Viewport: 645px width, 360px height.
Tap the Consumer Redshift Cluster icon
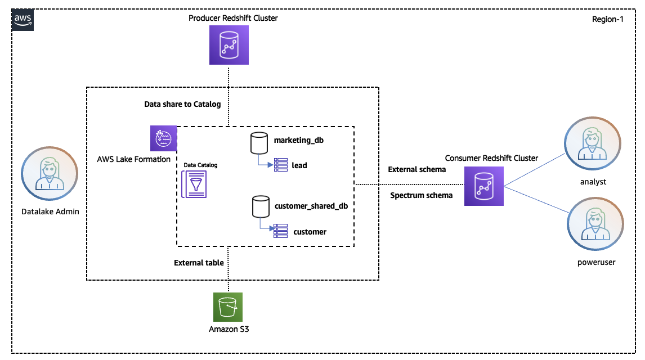[483, 186]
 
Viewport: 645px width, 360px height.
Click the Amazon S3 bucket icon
[228, 307]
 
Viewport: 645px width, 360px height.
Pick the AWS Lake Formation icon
[163, 138]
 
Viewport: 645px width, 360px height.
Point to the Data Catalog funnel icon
[194, 184]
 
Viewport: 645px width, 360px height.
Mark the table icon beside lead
[280, 165]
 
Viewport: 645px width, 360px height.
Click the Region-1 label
[608, 19]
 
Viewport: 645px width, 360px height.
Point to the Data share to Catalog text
[182, 104]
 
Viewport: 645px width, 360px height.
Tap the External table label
[199, 263]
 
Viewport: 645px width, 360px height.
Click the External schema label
[417, 169]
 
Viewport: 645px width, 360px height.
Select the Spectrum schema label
[421, 195]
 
